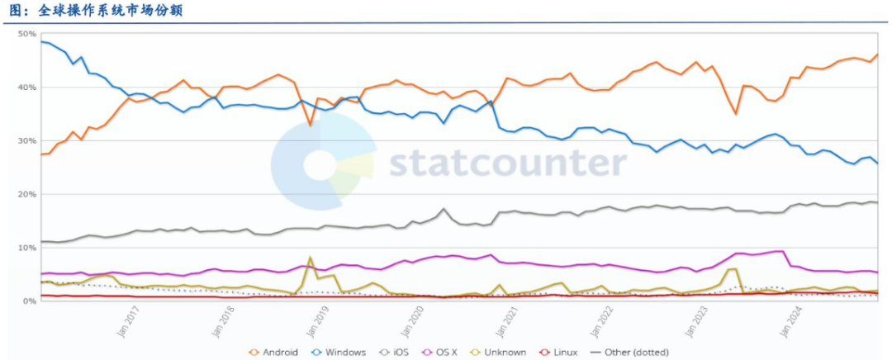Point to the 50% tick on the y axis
26,34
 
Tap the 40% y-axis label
26,88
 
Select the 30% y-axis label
26,141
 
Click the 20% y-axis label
26,195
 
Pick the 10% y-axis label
26,248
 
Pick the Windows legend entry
340,353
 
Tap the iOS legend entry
398,353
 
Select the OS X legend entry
444,353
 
